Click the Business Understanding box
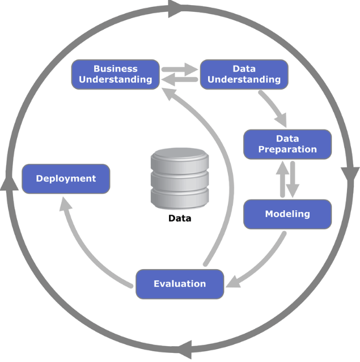(x=115, y=74)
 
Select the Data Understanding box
(x=244, y=74)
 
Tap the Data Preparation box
(x=287, y=144)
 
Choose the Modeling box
(x=287, y=214)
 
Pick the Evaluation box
(x=180, y=283)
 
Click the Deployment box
(x=66, y=178)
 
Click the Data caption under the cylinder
(x=180, y=218)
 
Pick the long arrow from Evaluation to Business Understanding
(x=224, y=170)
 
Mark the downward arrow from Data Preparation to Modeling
(x=293, y=180)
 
